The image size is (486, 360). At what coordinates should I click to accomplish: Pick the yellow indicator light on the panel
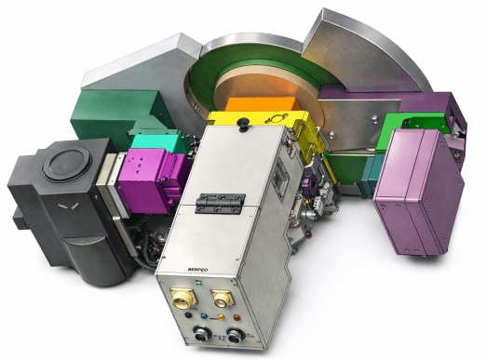coord(213,319)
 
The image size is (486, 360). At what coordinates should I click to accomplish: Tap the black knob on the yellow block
coord(243,121)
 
